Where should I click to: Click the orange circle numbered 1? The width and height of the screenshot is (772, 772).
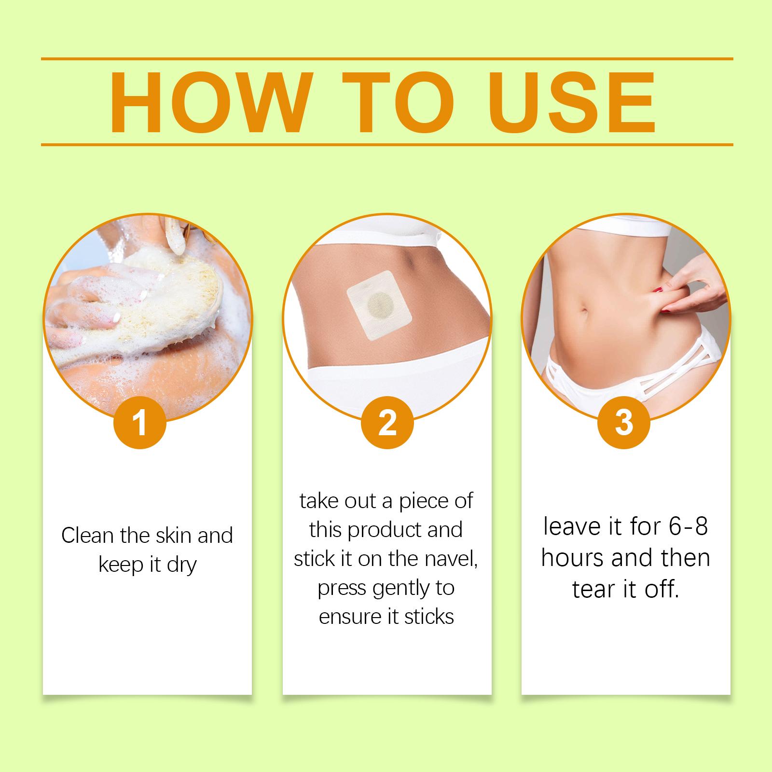tap(140, 422)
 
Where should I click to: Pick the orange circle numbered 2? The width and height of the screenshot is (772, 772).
tap(387, 422)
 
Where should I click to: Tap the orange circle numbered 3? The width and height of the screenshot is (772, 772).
tap(624, 422)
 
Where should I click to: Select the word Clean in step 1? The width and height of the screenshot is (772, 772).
tap(86, 536)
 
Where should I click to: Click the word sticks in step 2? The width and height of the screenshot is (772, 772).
tap(429, 617)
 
